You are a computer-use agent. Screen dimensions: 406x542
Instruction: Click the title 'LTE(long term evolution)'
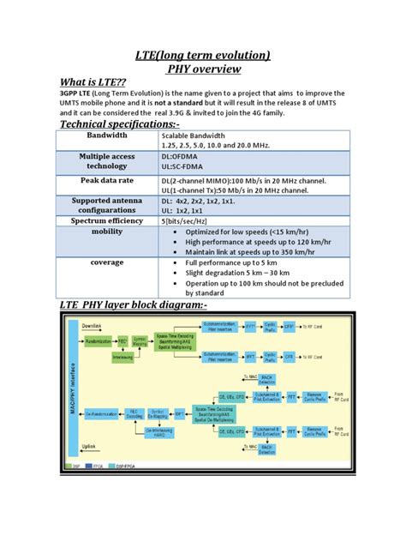click(x=204, y=56)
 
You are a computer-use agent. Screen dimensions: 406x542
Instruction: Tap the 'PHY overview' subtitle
click(x=204, y=73)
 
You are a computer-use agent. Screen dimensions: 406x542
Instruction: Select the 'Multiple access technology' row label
click(x=107, y=162)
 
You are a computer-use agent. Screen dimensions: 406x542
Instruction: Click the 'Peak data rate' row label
click(x=107, y=183)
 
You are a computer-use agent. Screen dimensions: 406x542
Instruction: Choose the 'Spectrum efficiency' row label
click(x=107, y=220)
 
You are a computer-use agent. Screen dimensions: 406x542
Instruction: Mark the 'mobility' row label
click(x=107, y=232)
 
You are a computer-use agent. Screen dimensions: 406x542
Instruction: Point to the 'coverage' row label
click(x=107, y=262)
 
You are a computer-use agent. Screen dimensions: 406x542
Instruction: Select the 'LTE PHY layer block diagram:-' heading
click(x=133, y=305)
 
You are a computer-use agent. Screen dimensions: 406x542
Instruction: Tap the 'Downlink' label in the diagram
click(x=92, y=327)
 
